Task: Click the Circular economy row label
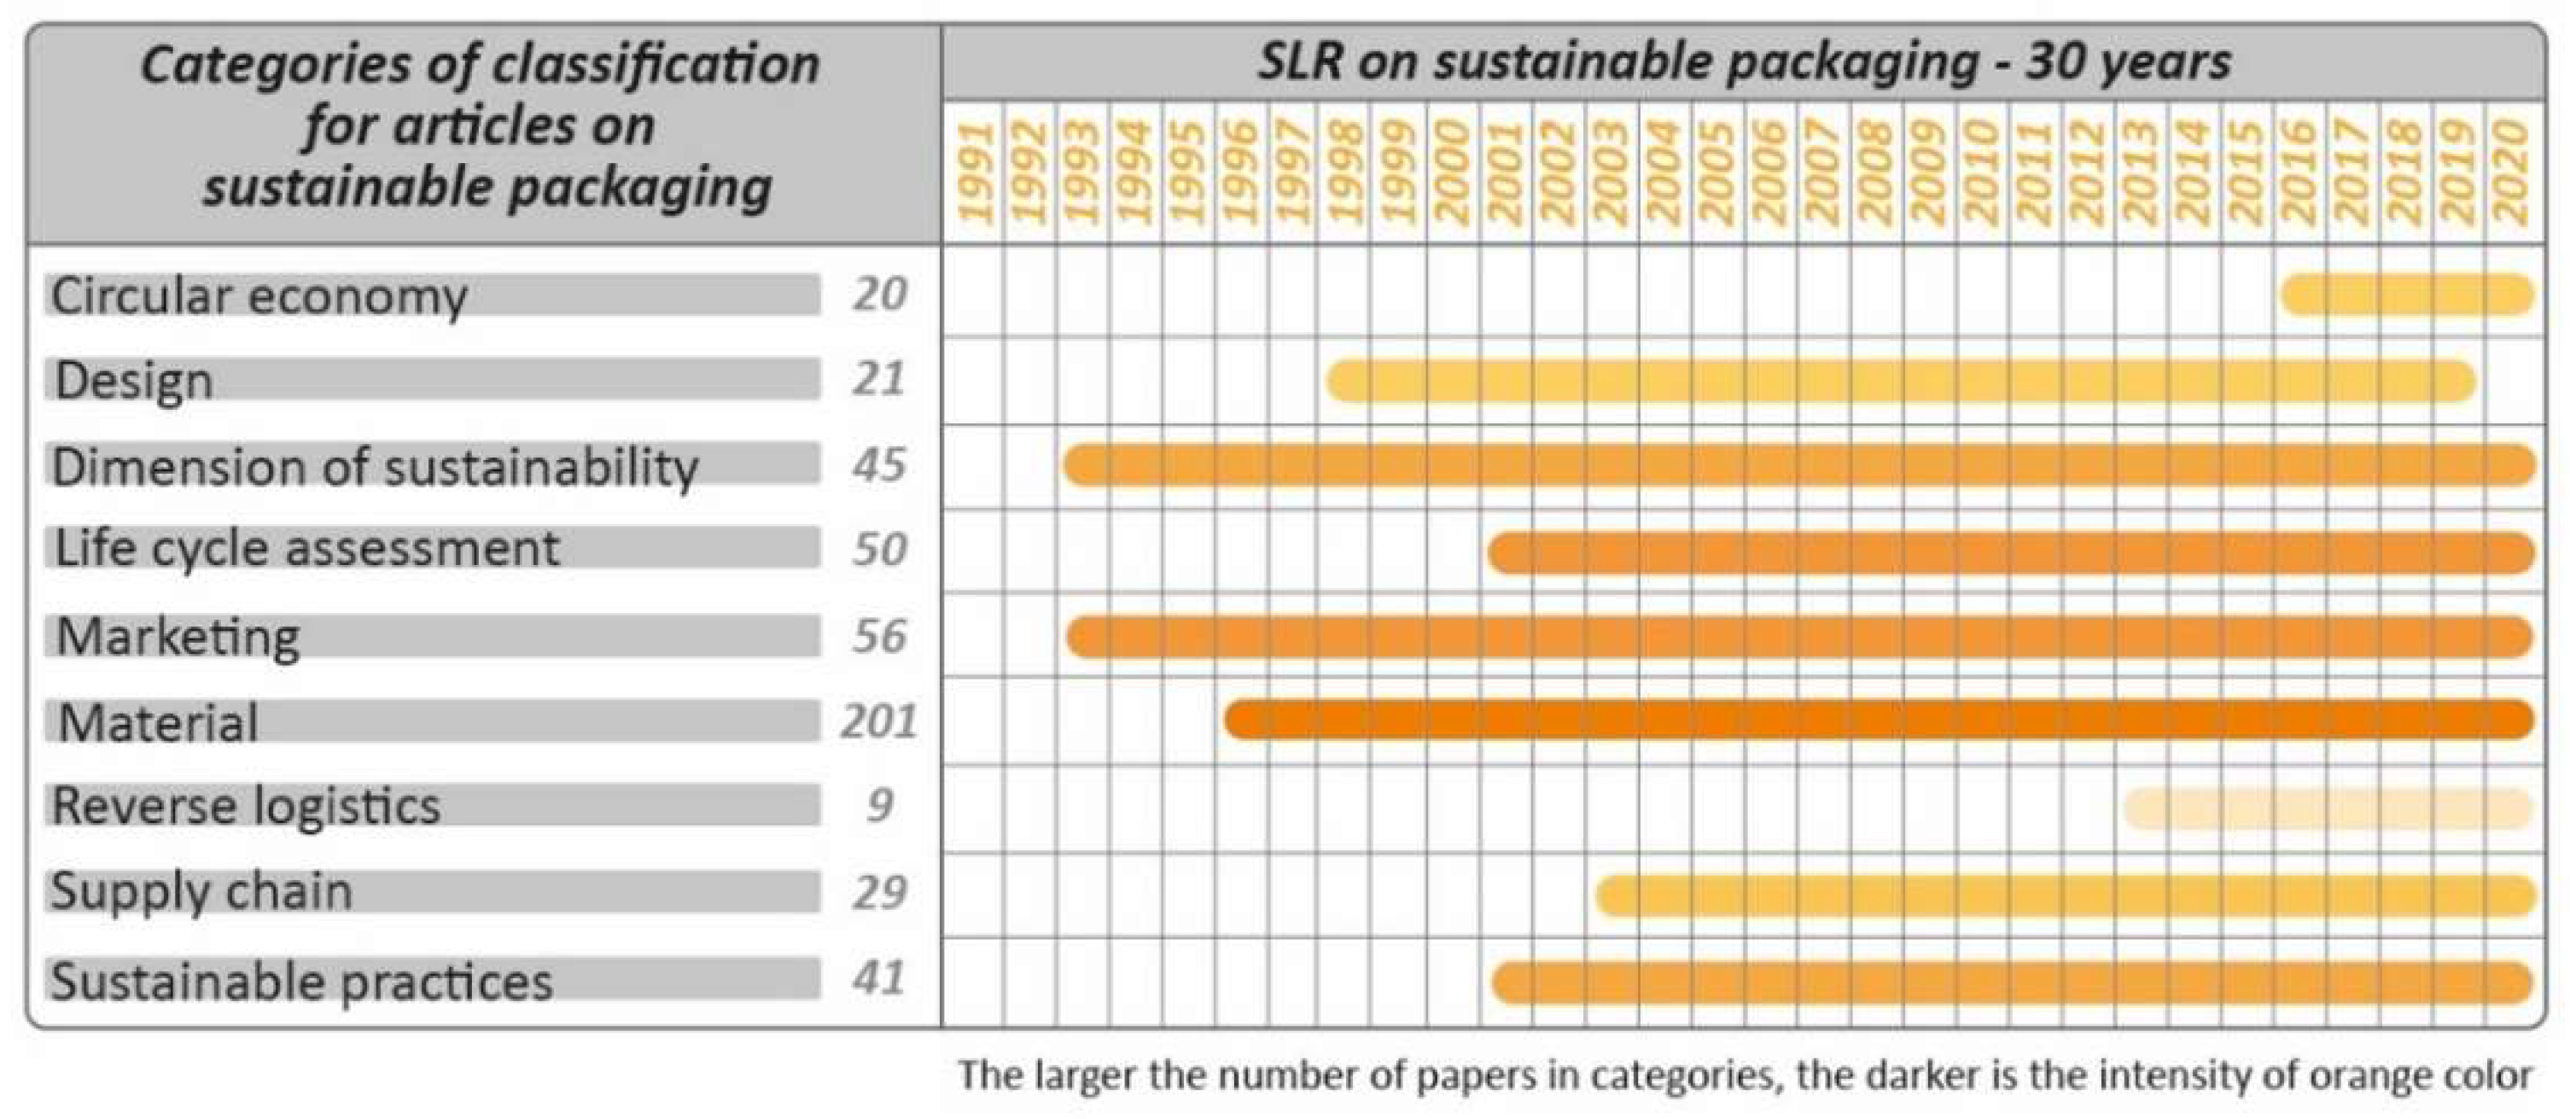point(259,296)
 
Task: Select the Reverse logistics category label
point(246,806)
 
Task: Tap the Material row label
point(158,722)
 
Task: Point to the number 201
point(878,721)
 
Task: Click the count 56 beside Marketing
point(879,636)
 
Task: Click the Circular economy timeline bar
point(2407,295)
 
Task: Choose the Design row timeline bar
point(1902,381)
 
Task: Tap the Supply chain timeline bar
point(2066,895)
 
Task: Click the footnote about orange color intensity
point(1745,1076)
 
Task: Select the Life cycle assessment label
point(306,550)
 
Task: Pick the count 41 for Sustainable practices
point(879,978)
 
